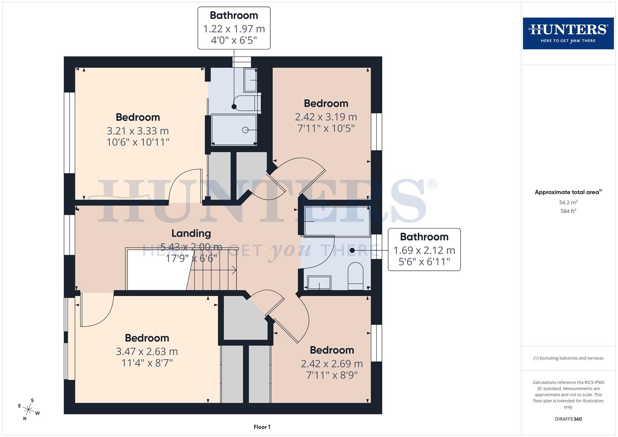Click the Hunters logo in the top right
(568, 33)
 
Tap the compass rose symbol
(29, 409)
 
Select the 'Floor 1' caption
(262, 427)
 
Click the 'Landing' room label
(191, 233)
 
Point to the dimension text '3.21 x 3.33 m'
(138, 131)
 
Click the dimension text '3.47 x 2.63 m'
(147, 351)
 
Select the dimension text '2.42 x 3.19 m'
(326, 117)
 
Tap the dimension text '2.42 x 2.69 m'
(331, 364)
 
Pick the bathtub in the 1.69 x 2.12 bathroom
(337, 221)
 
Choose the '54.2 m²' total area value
(568, 202)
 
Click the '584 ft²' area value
(568, 211)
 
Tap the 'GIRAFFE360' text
(568, 419)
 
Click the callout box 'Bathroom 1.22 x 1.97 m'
(234, 28)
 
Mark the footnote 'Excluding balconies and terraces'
(568, 358)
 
